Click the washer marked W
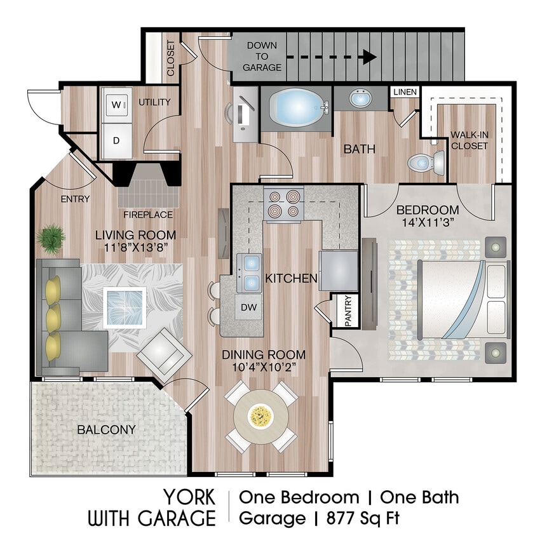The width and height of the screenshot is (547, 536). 116,103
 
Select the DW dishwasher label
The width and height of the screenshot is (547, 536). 248,307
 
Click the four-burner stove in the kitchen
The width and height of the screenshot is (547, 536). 283,203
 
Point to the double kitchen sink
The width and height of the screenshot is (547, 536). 249,271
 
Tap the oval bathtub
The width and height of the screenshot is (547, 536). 296,107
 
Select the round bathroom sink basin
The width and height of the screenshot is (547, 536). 360,99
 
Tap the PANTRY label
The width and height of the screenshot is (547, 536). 349,311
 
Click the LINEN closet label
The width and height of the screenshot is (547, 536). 405,93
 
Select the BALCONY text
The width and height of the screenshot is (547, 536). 106,430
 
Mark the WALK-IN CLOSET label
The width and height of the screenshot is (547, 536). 469,140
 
